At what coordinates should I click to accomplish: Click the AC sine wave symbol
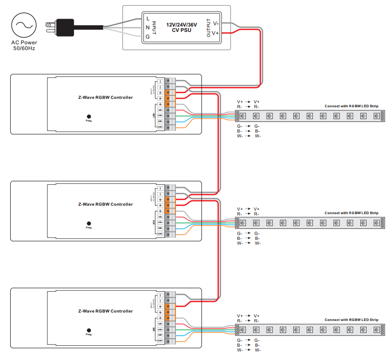pos(24,25)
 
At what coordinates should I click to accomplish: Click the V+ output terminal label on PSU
pos(216,33)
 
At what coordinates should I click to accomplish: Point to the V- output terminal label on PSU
pos(216,23)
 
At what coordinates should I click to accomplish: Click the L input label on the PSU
pos(148,18)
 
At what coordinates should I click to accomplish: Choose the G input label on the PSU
pos(148,37)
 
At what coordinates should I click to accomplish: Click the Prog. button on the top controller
pos(89,116)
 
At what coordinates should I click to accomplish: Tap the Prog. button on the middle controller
pos(89,223)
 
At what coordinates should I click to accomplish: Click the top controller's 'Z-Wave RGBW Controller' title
pos(105,98)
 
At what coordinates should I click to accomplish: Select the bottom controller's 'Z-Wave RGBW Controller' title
pos(105,311)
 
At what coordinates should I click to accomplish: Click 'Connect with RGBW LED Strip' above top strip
pos(351,106)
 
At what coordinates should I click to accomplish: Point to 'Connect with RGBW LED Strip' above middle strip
pos(351,213)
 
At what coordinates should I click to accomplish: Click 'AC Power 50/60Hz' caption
pos(24,45)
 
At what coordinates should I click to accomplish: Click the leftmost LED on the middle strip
pos(243,223)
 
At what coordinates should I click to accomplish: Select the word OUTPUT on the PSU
pos(209,28)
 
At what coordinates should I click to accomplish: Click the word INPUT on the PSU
pos(154,28)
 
